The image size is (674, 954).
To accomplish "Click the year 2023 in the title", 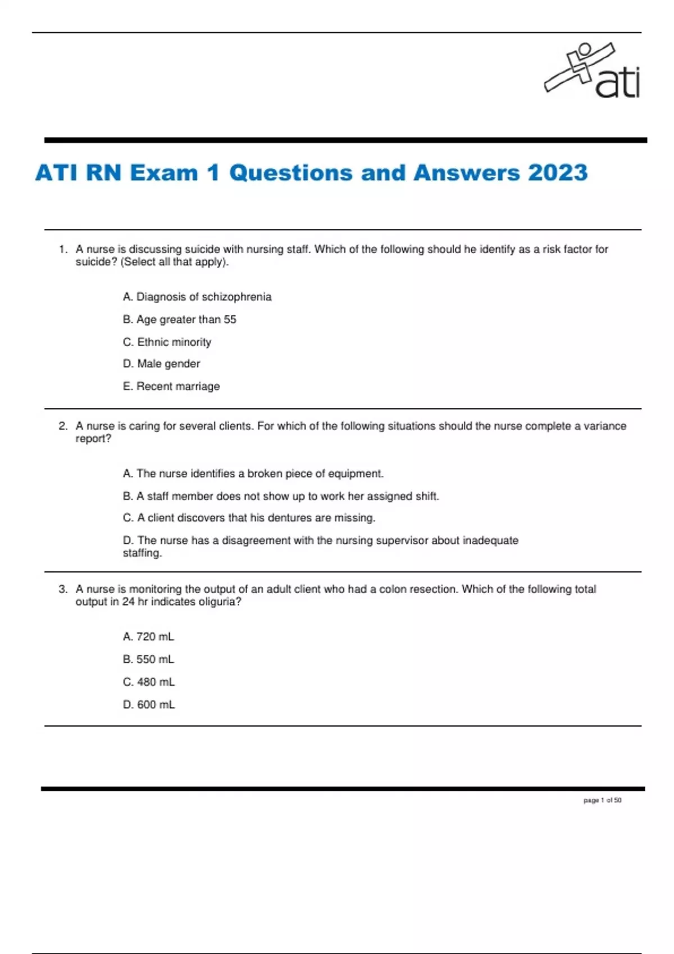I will click(x=557, y=173).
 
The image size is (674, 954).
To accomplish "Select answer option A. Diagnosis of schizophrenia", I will click(x=197, y=297).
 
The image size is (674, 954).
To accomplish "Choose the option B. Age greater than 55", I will click(x=180, y=319).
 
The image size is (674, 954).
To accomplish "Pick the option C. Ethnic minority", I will click(x=167, y=342).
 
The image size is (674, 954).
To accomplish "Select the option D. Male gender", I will click(x=162, y=364).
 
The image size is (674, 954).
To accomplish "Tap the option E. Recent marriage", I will click(x=171, y=386).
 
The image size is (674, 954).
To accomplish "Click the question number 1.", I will click(x=62, y=249).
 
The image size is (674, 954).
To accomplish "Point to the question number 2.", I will click(x=62, y=426).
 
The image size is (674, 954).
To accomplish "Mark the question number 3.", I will click(x=62, y=589).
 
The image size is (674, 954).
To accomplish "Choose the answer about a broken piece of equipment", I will click(x=253, y=474).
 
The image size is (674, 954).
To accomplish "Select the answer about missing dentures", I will click(x=249, y=518).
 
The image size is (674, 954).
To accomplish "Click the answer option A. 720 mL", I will click(x=149, y=637).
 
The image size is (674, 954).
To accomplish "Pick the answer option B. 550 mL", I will click(x=149, y=659).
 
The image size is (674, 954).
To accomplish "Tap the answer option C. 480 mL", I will click(x=149, y=682).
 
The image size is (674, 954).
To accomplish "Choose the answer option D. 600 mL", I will click(x=149, y=704).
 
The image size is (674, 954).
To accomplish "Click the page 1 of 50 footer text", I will click(x=602, y=800).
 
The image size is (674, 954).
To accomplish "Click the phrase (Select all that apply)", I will click(x=175, y=262).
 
